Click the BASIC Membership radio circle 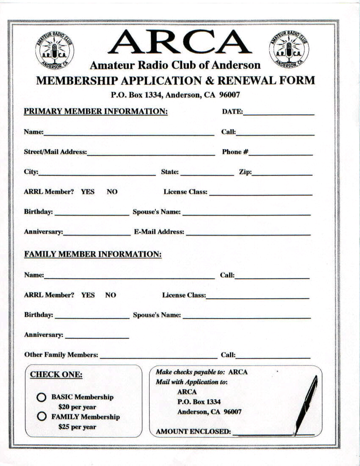(42, 397)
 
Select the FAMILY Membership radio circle (42, 416)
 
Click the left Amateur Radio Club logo (54, 50)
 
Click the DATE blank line (279, 114)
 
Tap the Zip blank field (282, 174)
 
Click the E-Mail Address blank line (248, 233)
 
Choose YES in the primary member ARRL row (88, 192)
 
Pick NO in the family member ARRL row (111, 295)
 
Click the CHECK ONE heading (56, 375)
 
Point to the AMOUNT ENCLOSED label (194, 432)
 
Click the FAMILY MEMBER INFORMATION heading (93, 255)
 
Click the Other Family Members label (61, 355)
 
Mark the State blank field (207, 174)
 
